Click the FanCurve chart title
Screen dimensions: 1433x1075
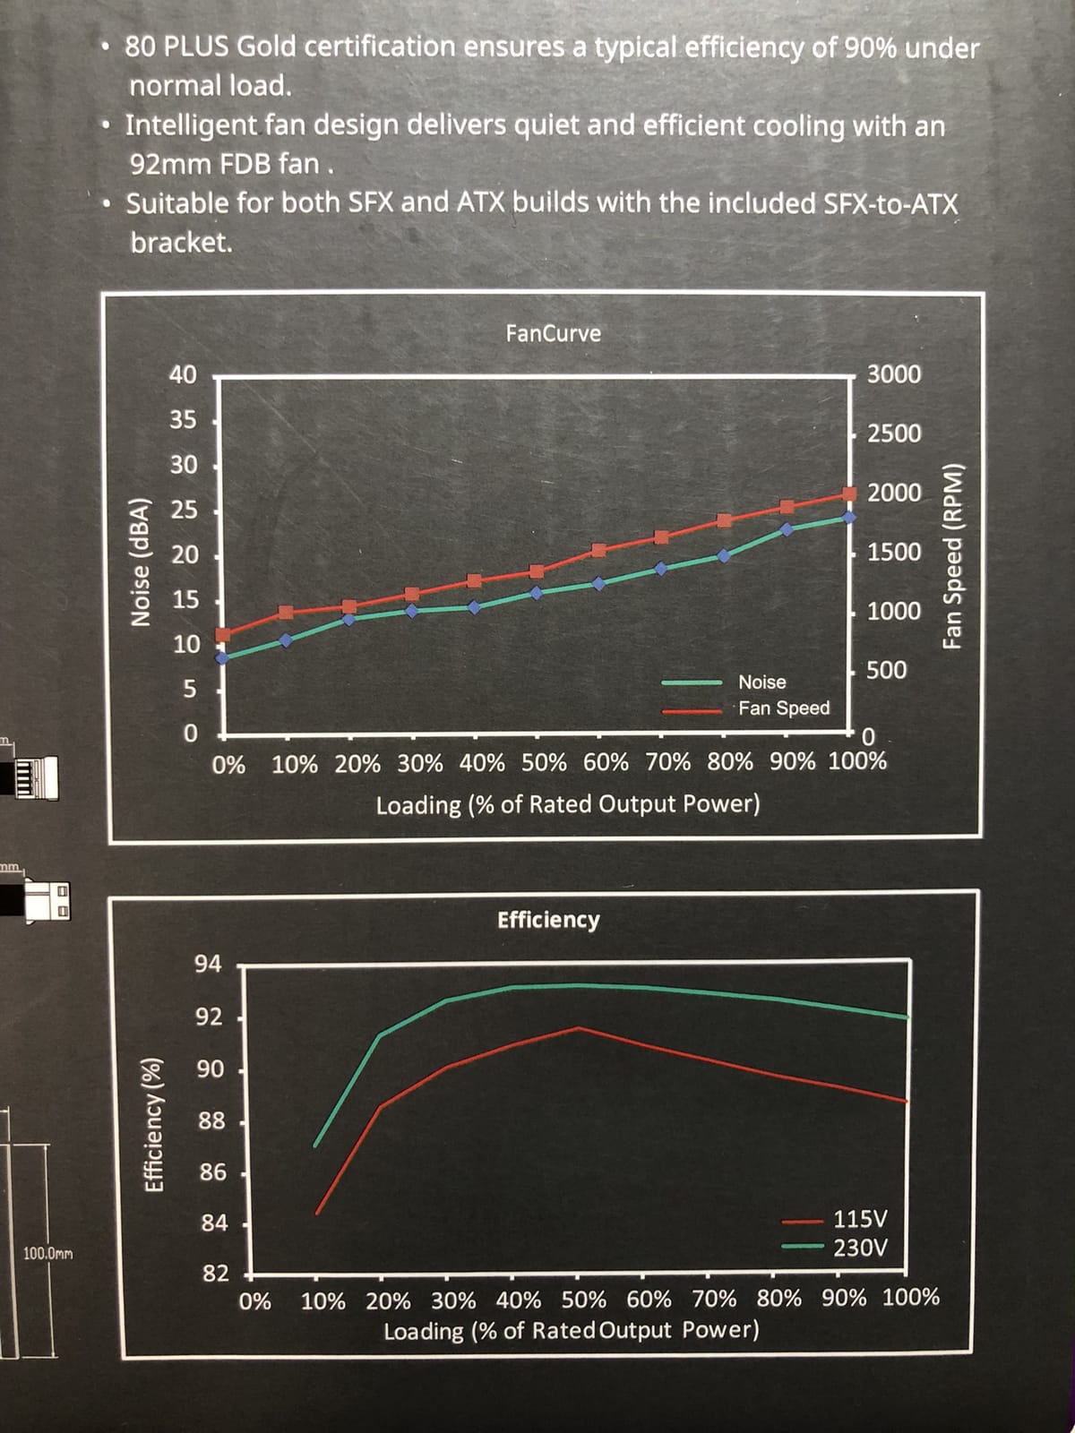tap(553, 333)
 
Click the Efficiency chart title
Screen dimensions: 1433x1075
tap(548, 920)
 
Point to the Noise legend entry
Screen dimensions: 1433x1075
tap(761, 682)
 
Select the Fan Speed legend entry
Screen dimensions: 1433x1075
tap(784, 708)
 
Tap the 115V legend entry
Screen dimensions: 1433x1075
tap(860, 1219)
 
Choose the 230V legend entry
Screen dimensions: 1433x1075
tap(860, 1248)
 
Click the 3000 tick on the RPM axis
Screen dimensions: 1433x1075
tap(894, 374)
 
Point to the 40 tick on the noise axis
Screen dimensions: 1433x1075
tap(183, 375)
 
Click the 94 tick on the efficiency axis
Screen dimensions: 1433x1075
tap(208, 965)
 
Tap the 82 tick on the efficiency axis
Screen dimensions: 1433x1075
tap(215, 1274)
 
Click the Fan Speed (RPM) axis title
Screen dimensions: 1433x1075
tap(953, 555)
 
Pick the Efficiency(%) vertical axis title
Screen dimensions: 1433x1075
tap(155, 1125)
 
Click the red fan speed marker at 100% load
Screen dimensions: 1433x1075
tap(849, 494)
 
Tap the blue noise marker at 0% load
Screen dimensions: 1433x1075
tap(223, 657)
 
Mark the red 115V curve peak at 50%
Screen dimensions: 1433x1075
tap(579, 1028)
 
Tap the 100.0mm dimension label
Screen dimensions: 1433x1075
tap(48, 1253)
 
